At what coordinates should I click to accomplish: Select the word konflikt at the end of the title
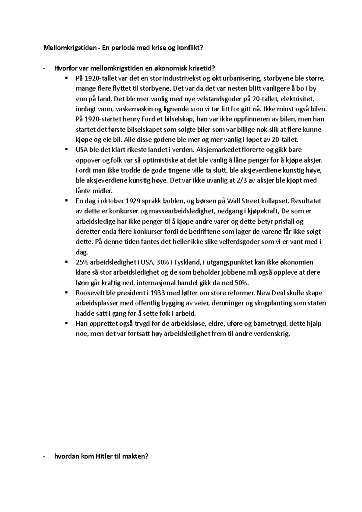(x=188, y=48)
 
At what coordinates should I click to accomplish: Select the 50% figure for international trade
(x=242, y=283)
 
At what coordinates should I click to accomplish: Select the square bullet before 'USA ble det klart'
(x=66, y=150)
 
